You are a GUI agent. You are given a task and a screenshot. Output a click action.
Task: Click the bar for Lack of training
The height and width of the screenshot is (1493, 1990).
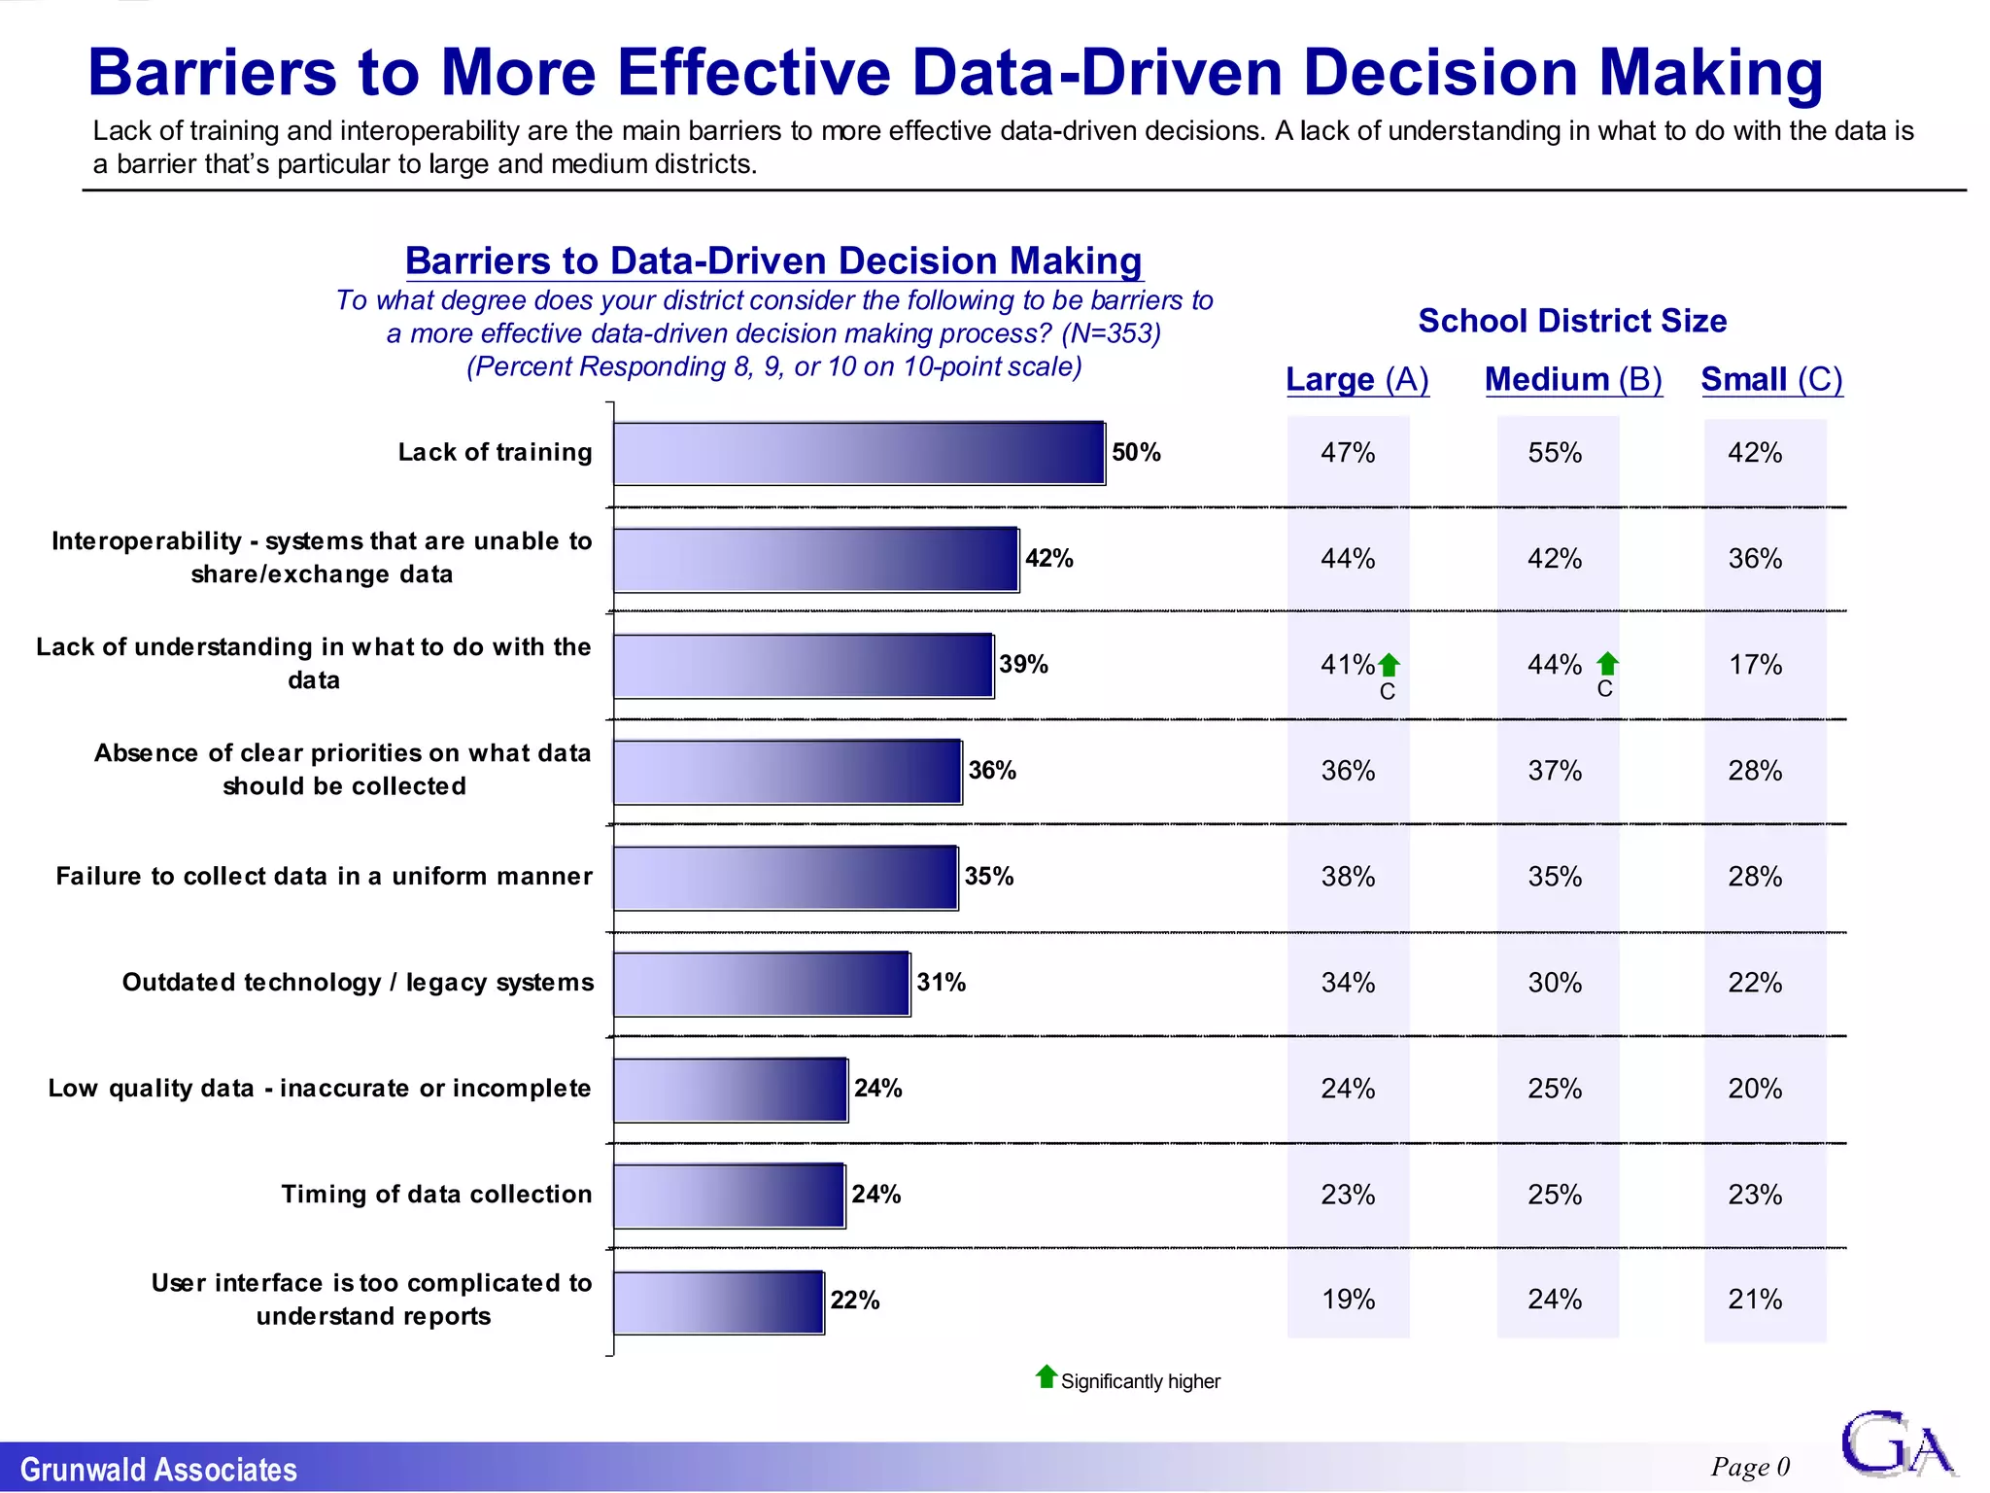(x=859, y=453)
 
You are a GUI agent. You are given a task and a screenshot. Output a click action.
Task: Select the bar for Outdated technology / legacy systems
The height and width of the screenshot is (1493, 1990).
(x=762, y=984)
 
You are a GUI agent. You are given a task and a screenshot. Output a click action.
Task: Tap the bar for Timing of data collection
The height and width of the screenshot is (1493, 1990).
(x=729, y=1196)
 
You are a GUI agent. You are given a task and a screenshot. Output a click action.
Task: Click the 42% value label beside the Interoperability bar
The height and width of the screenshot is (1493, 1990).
(x=1049, y=559)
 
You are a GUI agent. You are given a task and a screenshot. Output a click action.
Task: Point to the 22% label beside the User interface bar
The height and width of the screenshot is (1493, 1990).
(x=855, y=1301)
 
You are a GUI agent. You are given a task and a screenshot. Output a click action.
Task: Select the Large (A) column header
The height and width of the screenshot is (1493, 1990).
(x=1357, y=379)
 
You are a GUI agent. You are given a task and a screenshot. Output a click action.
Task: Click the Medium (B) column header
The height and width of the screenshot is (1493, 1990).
(x=1573, y=379)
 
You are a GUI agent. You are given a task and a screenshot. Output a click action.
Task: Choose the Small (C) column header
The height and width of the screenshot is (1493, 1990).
(x=1771, y=379)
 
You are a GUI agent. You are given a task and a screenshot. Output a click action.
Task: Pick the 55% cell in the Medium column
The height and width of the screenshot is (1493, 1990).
(x=1555, y=453)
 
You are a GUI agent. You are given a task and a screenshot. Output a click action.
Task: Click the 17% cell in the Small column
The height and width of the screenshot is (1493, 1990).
(x=1755, y=665)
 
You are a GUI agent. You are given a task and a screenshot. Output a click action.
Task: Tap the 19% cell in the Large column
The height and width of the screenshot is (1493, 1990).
(x=1348, y=1300)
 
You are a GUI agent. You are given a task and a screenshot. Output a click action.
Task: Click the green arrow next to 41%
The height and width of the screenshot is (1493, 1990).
(x=1390, y=665)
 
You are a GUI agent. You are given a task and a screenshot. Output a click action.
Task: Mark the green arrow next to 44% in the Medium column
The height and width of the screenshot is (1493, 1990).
(x=1608, y=663)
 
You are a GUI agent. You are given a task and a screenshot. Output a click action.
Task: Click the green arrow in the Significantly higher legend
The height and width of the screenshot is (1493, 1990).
(x=1046, y=1376)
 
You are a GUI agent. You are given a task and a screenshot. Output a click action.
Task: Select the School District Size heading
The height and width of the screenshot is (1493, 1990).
(x=1572, y=321)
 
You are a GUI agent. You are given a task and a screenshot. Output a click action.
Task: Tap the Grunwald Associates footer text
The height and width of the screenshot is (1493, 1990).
(x=158, y=1470)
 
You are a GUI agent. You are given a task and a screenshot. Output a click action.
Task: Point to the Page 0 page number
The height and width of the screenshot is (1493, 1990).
(x=1750, y=1467)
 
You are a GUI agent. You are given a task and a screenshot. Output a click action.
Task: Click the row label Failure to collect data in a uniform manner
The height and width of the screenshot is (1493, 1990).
(x=324, y=877)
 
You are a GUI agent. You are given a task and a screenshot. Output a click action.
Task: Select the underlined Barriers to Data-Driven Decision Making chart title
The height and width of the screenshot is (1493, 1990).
(x=773, y=261)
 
